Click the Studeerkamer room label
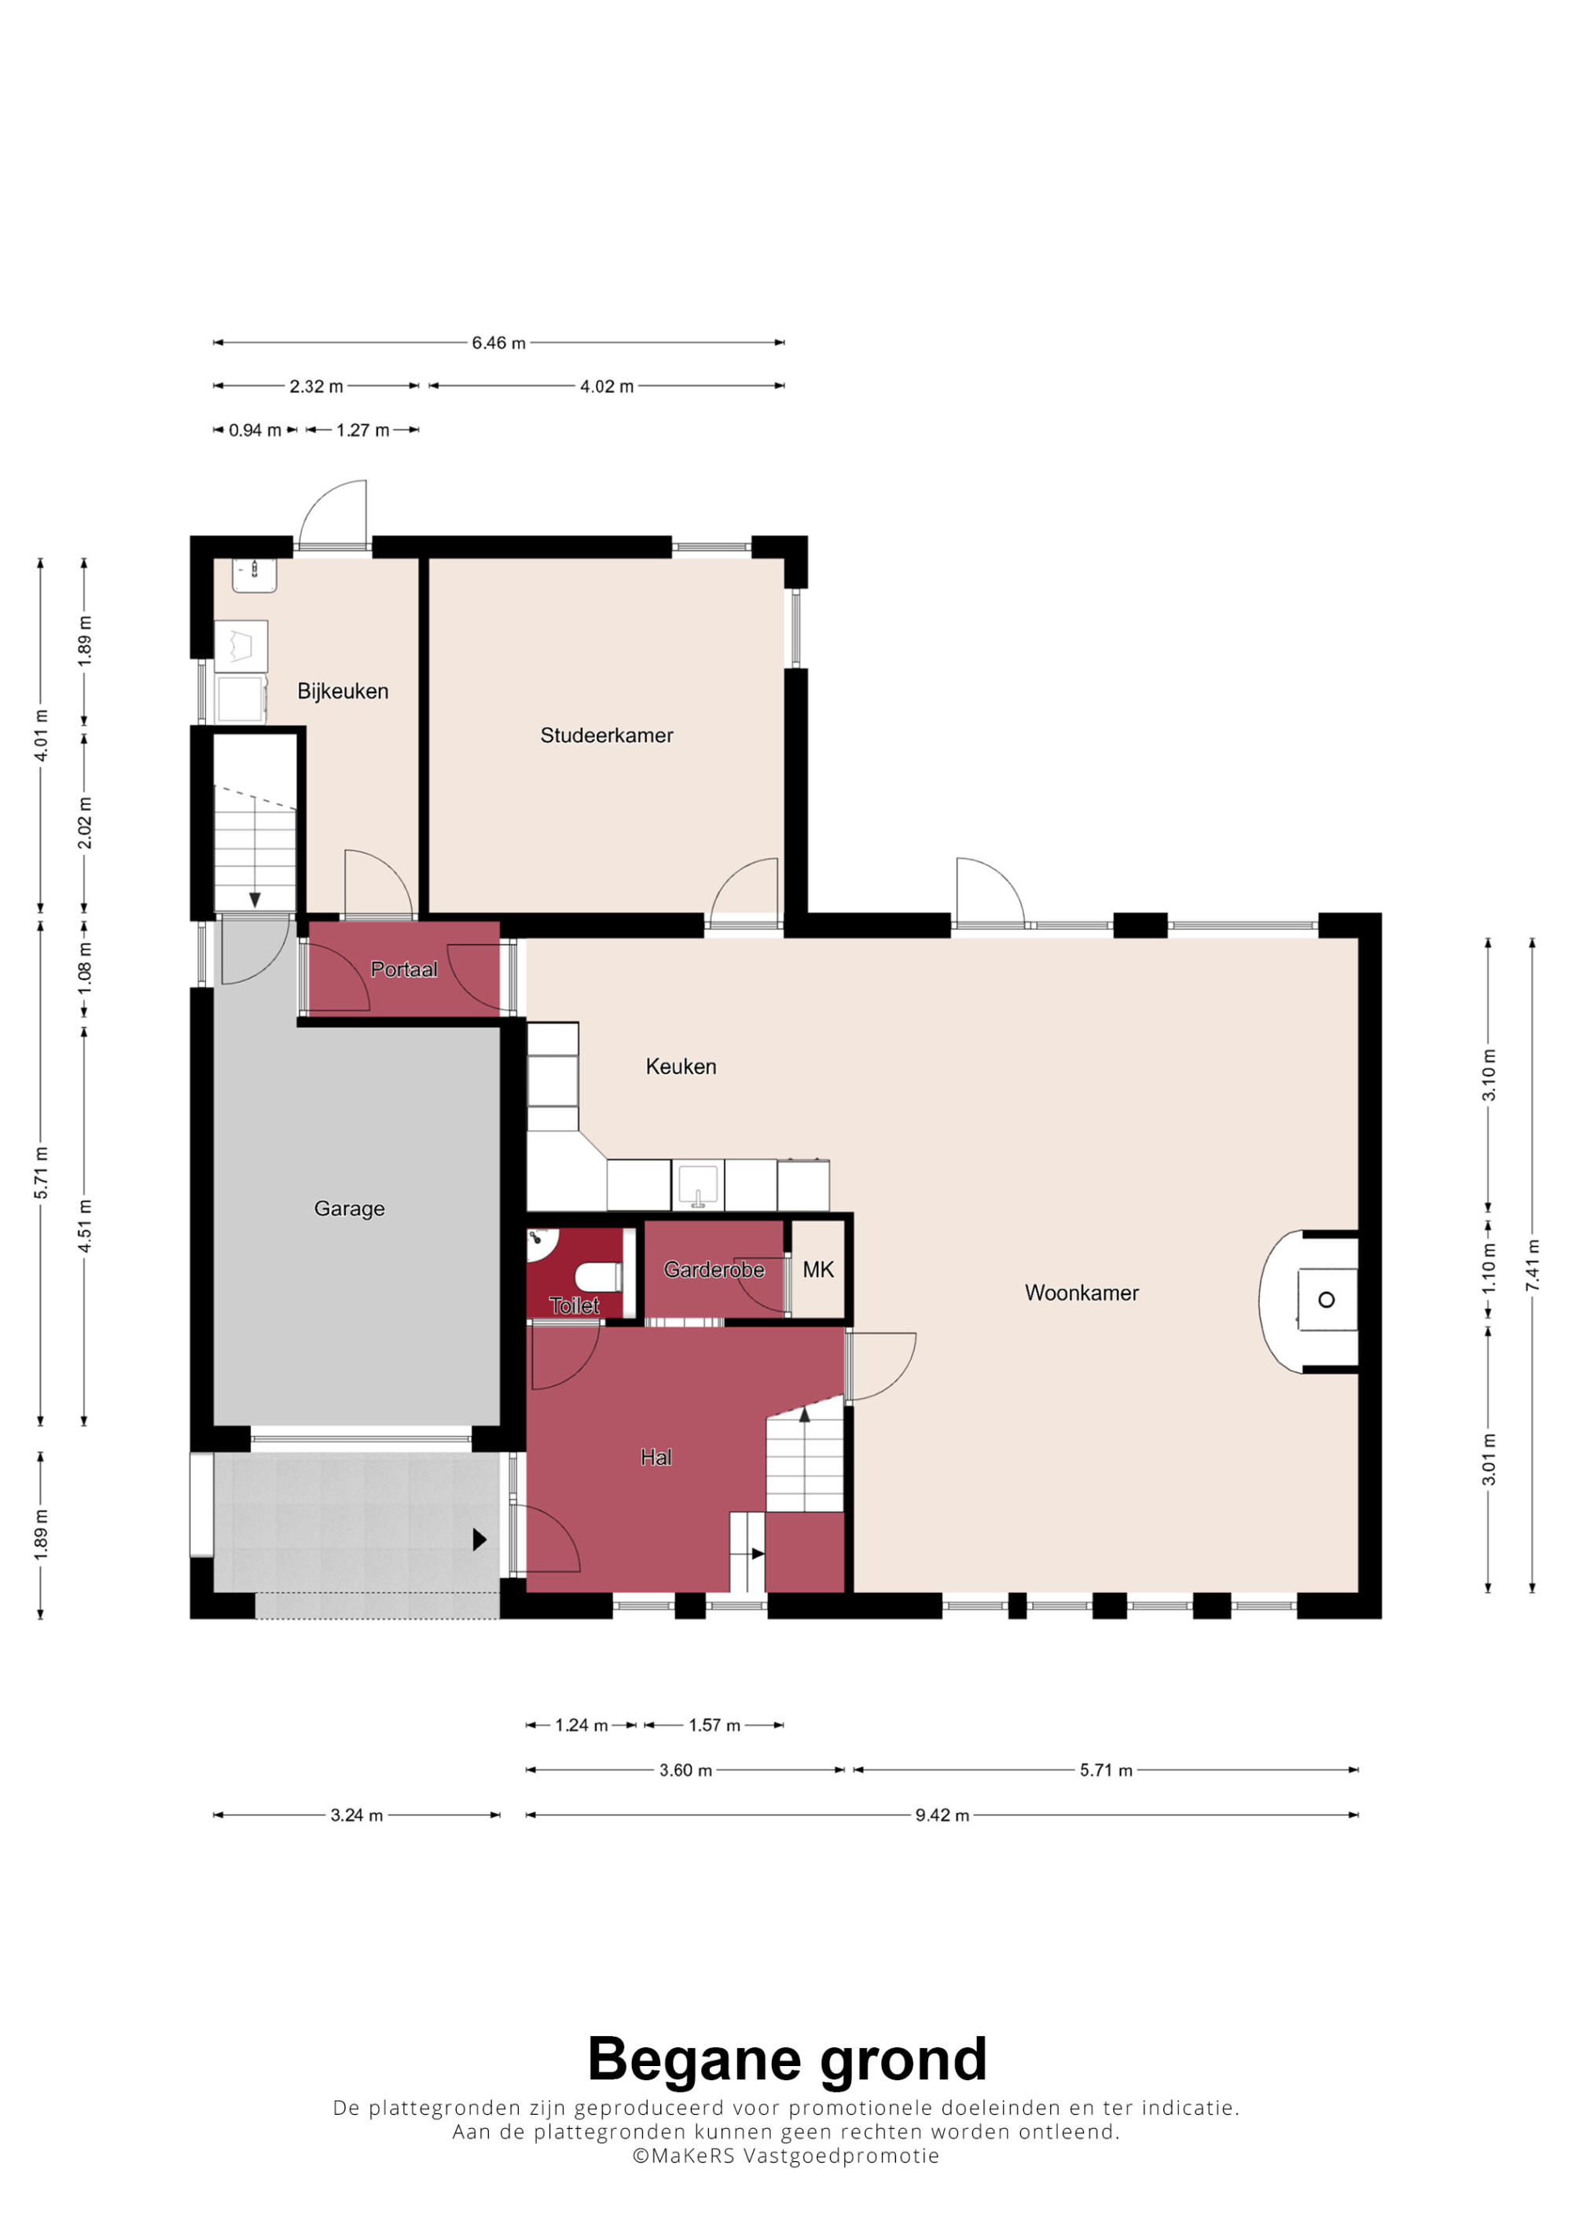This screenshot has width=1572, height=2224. (606, 736)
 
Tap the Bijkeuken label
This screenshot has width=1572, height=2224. (343, 692)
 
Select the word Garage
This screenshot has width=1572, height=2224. (350, 1209)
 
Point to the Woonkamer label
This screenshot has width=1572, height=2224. (1082, 1293)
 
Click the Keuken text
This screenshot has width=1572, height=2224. (681, 1066)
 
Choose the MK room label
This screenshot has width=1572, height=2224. (818, 1270)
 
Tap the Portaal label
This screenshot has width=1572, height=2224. (404, 970)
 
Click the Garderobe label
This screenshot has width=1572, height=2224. (714, 1270)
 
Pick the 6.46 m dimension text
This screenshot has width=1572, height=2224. (499, 343)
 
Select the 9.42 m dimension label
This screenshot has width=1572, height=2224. (942, 1815)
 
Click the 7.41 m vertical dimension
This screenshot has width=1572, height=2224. (1532, 1265)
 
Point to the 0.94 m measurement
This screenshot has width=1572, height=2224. (255, 430)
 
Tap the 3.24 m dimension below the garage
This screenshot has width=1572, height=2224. (356, 1815)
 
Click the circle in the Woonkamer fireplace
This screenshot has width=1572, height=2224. (1327, 1300)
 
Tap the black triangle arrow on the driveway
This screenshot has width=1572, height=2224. (479, 1540)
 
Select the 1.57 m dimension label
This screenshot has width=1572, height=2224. (714, 1725)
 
